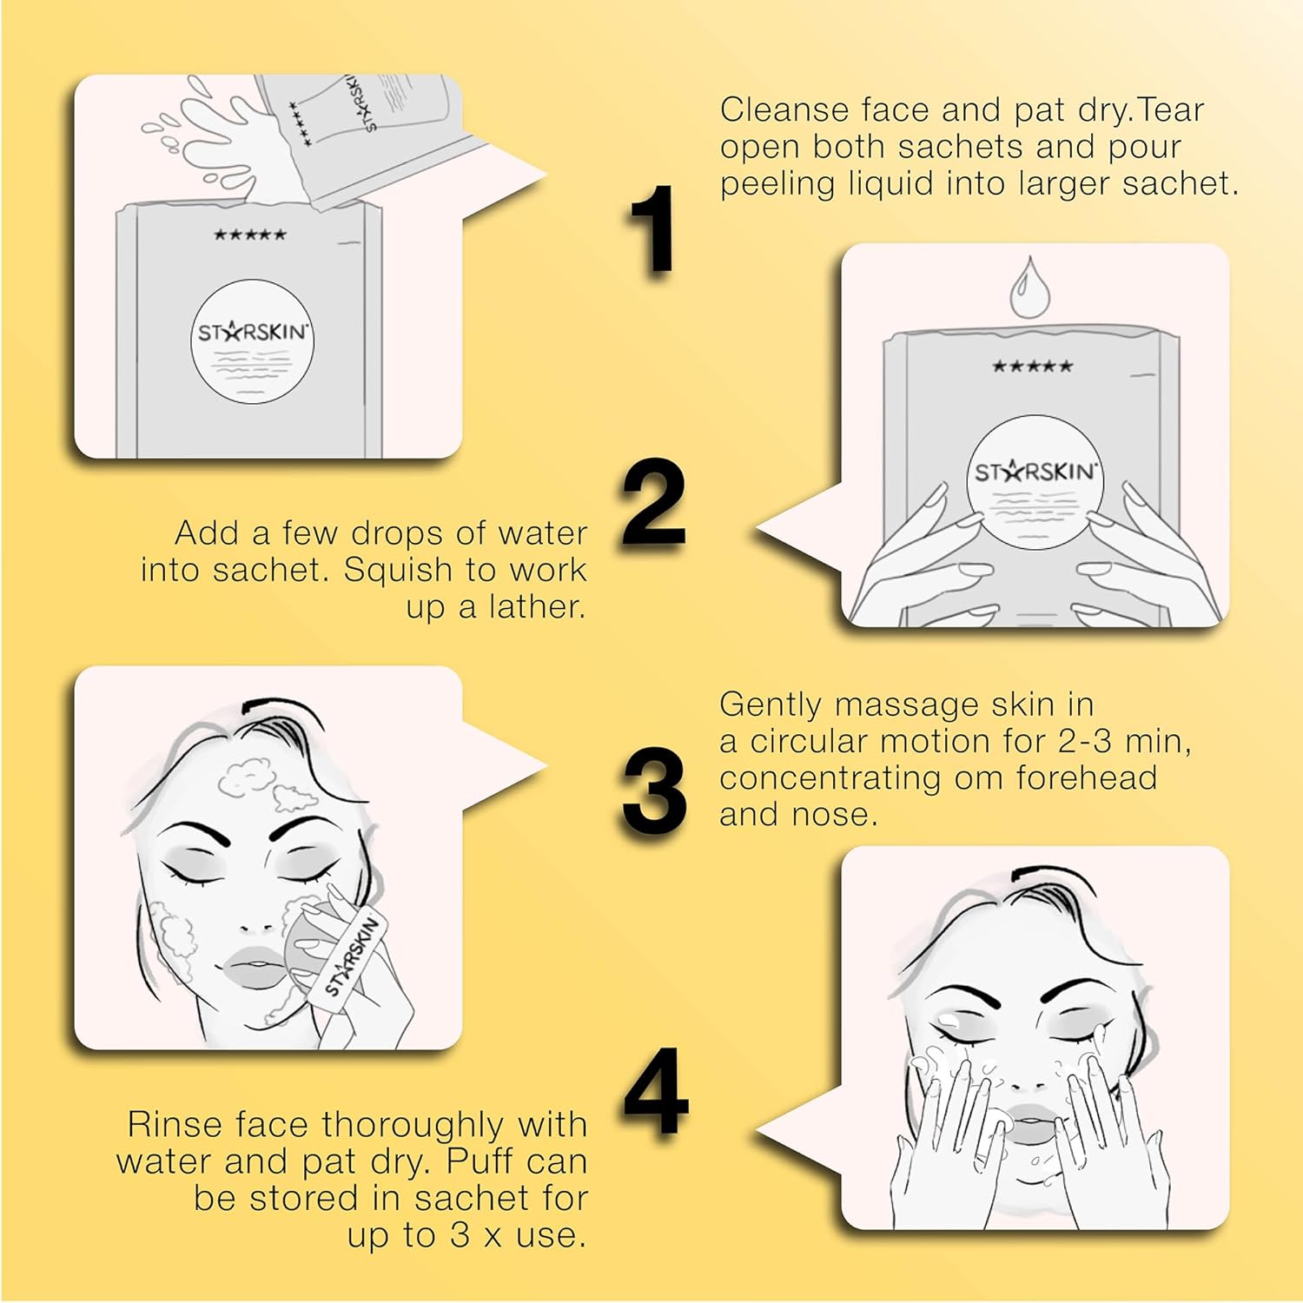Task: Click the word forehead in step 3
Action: [1086, 777]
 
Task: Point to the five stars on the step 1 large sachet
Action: [250, 235]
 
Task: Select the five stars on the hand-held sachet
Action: [1032, 367]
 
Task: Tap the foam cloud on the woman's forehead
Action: [257, 778]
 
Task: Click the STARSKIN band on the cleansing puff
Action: [353, 956]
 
